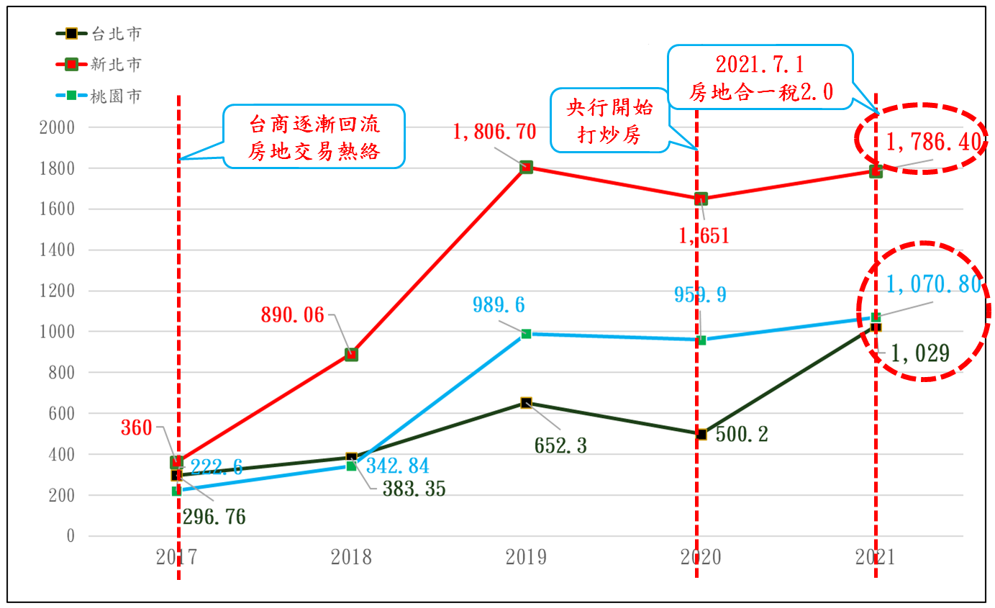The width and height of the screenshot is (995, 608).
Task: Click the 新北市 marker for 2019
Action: [526, 167]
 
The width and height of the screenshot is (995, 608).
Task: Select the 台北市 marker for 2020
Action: [701, 434]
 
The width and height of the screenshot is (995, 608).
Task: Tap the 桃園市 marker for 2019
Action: [526, 334]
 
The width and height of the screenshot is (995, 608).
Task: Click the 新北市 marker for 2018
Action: [351, 354]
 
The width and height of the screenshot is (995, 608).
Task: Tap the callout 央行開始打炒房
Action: [610, 122]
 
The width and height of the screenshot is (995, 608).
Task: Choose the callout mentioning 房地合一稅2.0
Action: [760, 78]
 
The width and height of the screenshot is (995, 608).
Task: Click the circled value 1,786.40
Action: [933, 142]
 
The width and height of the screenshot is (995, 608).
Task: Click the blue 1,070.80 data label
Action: [933, 285]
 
